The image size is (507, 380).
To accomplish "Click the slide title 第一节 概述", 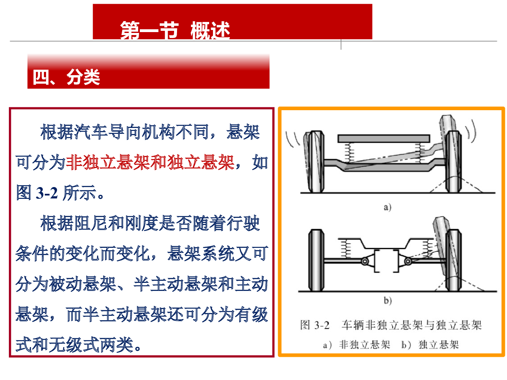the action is click(x=175, y=30).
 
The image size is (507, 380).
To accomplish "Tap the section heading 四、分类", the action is click(x=66, y=77).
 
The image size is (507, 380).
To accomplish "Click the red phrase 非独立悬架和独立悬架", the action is click(x=150, y=163).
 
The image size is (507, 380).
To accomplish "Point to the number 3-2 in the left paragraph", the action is click(x=46, y=193).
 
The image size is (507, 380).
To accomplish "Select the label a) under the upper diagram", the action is click(x=387, y=207).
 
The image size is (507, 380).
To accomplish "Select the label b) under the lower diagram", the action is click(x=388, y=300).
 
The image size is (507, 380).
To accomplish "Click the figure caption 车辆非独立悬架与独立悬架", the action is click(x=412, y=325).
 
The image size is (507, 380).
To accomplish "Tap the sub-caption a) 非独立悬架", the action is click(x=357, y=345).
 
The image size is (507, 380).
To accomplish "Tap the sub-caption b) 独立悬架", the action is click(x=430, y=345).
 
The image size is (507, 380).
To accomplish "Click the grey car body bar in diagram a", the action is click(x=384, y=138).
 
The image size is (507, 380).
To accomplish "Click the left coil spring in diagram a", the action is click(x=349, y=152).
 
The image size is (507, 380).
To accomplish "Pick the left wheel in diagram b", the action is click(x=316, y=260).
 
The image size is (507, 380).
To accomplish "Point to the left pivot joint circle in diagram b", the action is click(x=365, y=261).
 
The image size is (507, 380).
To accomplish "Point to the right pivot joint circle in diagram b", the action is click(x=408, y=261).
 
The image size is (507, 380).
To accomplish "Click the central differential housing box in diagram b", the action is click(x=386, y=261).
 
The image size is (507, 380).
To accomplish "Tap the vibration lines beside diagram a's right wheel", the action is click(x=471, y=131).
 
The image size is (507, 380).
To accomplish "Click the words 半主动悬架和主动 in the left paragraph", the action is click(x=200, y=284).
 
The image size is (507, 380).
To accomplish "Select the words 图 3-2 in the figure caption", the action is click(x=315, y=325).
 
